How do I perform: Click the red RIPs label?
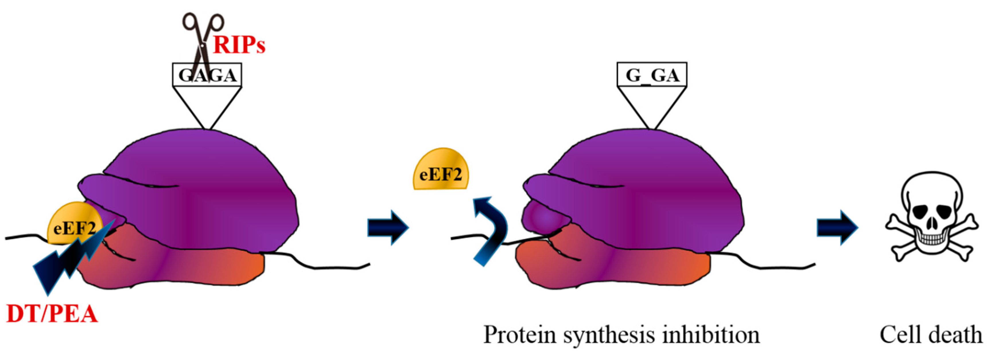[x=239, y=46]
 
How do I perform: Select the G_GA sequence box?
[x=652, y=74]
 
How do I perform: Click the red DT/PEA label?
[x=52, y=314]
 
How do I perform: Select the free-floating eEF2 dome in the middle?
[x=440, y=170]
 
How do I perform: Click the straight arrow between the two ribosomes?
[x=387, y=227]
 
